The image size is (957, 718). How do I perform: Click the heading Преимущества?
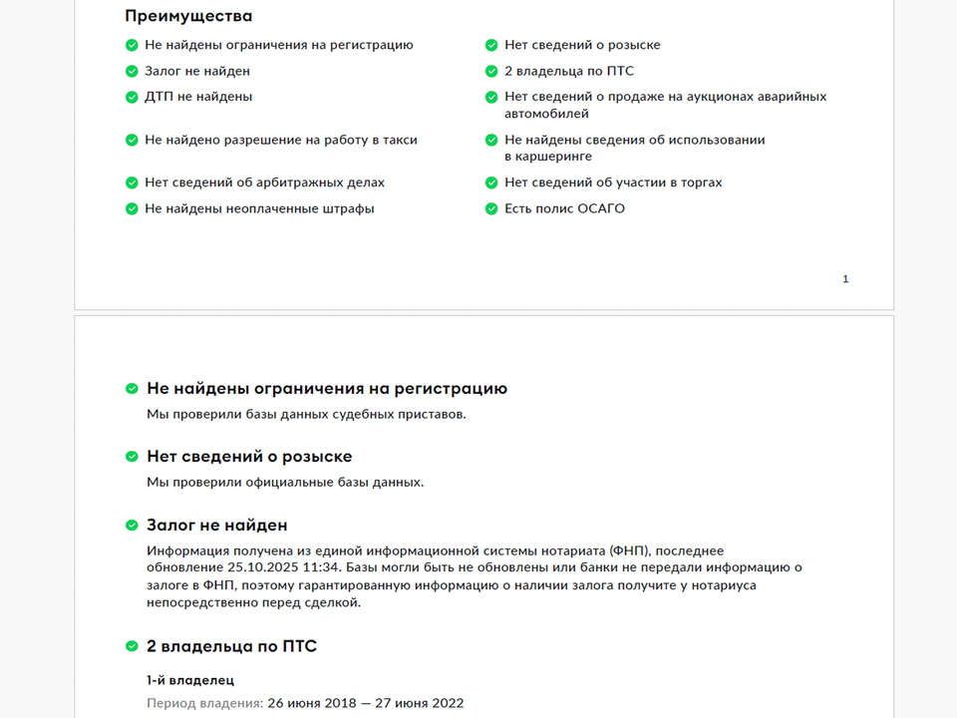188,16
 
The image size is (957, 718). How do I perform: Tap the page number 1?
845,279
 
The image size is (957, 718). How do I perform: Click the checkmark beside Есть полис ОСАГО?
491,209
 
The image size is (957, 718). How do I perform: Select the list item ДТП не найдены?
198,97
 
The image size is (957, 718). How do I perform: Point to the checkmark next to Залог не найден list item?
132,72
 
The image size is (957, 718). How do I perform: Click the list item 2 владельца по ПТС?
569,72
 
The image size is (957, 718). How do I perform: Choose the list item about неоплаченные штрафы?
259,209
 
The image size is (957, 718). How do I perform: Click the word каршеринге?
548,157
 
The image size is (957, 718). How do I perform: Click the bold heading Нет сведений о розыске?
249,457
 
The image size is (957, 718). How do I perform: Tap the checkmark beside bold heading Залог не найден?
132,526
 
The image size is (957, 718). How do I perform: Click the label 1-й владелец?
190,680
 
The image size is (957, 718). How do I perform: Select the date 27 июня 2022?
420,703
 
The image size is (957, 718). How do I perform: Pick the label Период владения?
205,703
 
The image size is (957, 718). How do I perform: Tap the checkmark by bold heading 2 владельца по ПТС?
132,646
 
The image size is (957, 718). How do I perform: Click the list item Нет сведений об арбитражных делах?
264,183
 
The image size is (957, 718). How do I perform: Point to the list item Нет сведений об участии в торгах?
613,183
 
